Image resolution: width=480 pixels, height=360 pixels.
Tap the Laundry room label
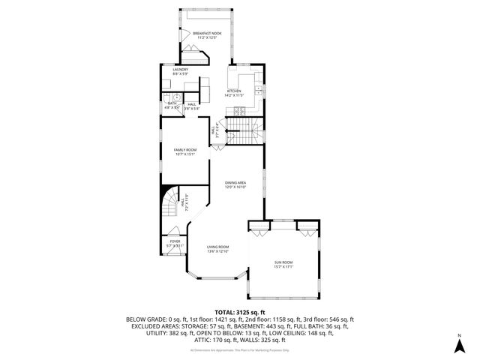pos(179,69)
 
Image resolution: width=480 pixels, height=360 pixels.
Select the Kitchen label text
pos(235,91)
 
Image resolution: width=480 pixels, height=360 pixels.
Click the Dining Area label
pos(236,182)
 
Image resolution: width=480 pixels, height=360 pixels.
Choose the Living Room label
pos(218,247)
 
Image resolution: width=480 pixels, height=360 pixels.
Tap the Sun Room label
pos(283,262)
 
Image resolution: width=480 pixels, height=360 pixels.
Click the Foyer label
pos(175,241)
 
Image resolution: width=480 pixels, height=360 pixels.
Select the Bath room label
pos(172,104)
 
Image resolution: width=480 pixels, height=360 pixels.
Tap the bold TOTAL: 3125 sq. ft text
pos(239,311)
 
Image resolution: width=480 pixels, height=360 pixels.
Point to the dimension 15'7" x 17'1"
pos(283,266)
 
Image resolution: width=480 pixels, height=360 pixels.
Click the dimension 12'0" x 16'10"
pos(236,187)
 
